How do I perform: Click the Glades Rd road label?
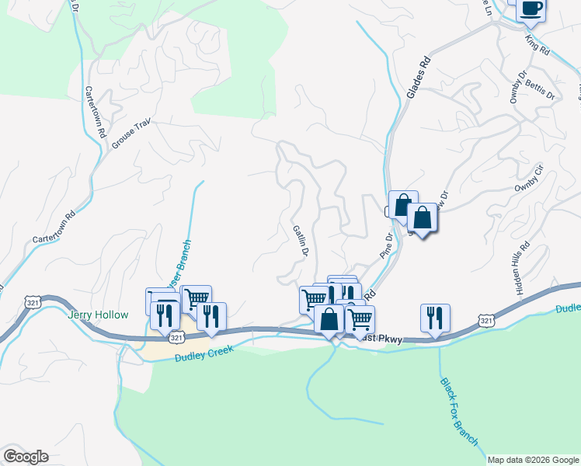(x=417, y=75)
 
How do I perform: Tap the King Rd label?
(x=537, y=45)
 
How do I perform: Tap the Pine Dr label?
(x=387, y=245)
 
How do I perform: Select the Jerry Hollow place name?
(x=96, y=315)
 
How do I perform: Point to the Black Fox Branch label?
(x=459, y=411)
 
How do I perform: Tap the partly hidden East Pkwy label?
(x=381, y=339)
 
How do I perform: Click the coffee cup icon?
(x=531, y=9)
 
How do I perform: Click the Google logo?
(x=26, y=457)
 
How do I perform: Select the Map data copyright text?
(x=533, y=460)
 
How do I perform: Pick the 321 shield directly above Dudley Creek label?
(x=176, y=338)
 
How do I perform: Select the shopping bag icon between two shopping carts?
(x=329, y=319)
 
